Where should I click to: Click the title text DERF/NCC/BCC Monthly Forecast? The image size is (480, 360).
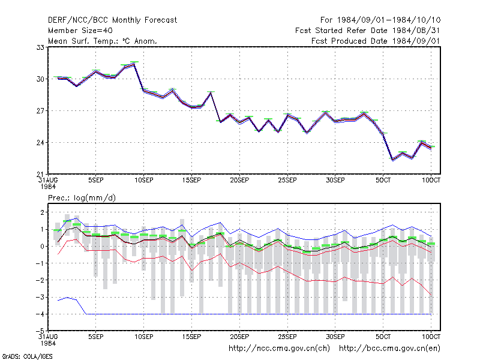pyautogui.click(x=112, y=20)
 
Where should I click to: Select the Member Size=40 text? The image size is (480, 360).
pyautogui.click(x=80, y=31)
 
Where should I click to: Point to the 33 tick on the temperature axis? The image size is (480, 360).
pyautogui.click(x=40, y=47)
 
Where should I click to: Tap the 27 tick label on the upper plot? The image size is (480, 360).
pyautogui.click(x=40, y=111)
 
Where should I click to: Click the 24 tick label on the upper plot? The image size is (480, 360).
pyautogui.click(x=40, y=143)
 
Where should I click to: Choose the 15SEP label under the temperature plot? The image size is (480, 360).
pyautogui.click(x=191, y=181)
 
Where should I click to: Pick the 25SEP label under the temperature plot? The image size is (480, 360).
pyautogui.click(x=287, y=181)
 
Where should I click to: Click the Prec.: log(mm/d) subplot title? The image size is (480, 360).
pyautogui.click(x=82, y=198)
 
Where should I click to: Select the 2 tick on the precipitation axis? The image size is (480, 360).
pyautogui.click(x=42, y=212)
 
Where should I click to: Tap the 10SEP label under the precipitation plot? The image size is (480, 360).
pyautogui.click(x=144, y=337)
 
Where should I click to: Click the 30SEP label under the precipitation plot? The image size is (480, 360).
pyautogui.click(x=335, y=337)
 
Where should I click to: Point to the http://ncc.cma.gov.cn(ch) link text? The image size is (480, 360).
pyautogui.click(x=279, y=349)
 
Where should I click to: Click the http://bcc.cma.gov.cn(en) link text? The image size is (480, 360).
pyautogui.click(x=389, y=349)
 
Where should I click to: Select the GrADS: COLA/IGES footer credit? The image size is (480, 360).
pyautogui.click(x=27, y=356)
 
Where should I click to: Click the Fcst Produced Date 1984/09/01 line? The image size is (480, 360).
pyautogui.click(x=376, y=41)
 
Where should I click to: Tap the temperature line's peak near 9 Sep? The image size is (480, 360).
pyautogui.click(x=134, y=64)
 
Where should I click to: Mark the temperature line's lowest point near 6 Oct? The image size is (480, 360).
pyautogui.click(x=393, y=160)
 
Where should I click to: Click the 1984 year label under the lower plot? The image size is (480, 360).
pyautogui.click(x=48, y=343)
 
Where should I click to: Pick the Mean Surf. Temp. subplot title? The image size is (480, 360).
pyautogui.click(x=102, y=41)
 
